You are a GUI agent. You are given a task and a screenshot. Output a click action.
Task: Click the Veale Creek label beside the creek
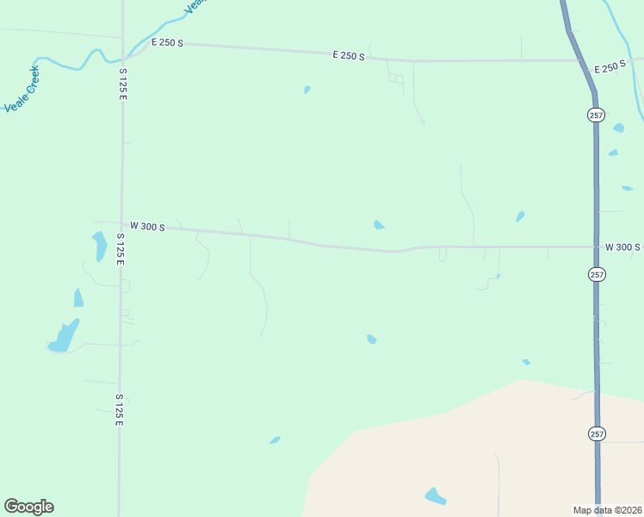point(22,90)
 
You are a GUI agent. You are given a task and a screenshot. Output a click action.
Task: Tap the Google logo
point(28,507)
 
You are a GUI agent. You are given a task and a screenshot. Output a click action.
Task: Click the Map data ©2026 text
point(607,509)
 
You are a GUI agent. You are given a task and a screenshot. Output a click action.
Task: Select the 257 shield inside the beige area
point(597,433)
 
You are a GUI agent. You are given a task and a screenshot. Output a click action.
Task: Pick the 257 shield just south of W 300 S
point(597,274)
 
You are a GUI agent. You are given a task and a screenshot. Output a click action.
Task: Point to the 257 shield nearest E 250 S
point(597,115)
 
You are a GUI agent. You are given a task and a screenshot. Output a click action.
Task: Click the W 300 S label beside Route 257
point(622,247)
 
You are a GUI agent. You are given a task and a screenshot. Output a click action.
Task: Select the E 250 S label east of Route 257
point(610,67)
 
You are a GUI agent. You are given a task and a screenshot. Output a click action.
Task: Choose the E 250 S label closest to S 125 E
point(167,42)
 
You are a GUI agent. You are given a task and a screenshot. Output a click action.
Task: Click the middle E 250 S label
point(349,56)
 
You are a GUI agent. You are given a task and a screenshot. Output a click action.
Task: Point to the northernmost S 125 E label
point(123,84)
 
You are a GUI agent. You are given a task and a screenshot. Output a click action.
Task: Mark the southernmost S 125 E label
point(120,410)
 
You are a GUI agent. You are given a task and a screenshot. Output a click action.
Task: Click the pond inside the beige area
point(436,496)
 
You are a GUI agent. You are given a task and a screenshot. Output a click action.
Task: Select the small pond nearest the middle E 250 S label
point(307,89)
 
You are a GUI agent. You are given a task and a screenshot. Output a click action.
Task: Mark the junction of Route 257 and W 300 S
point(596,247)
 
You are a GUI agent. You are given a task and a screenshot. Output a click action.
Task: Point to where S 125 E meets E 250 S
point(123,41)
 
